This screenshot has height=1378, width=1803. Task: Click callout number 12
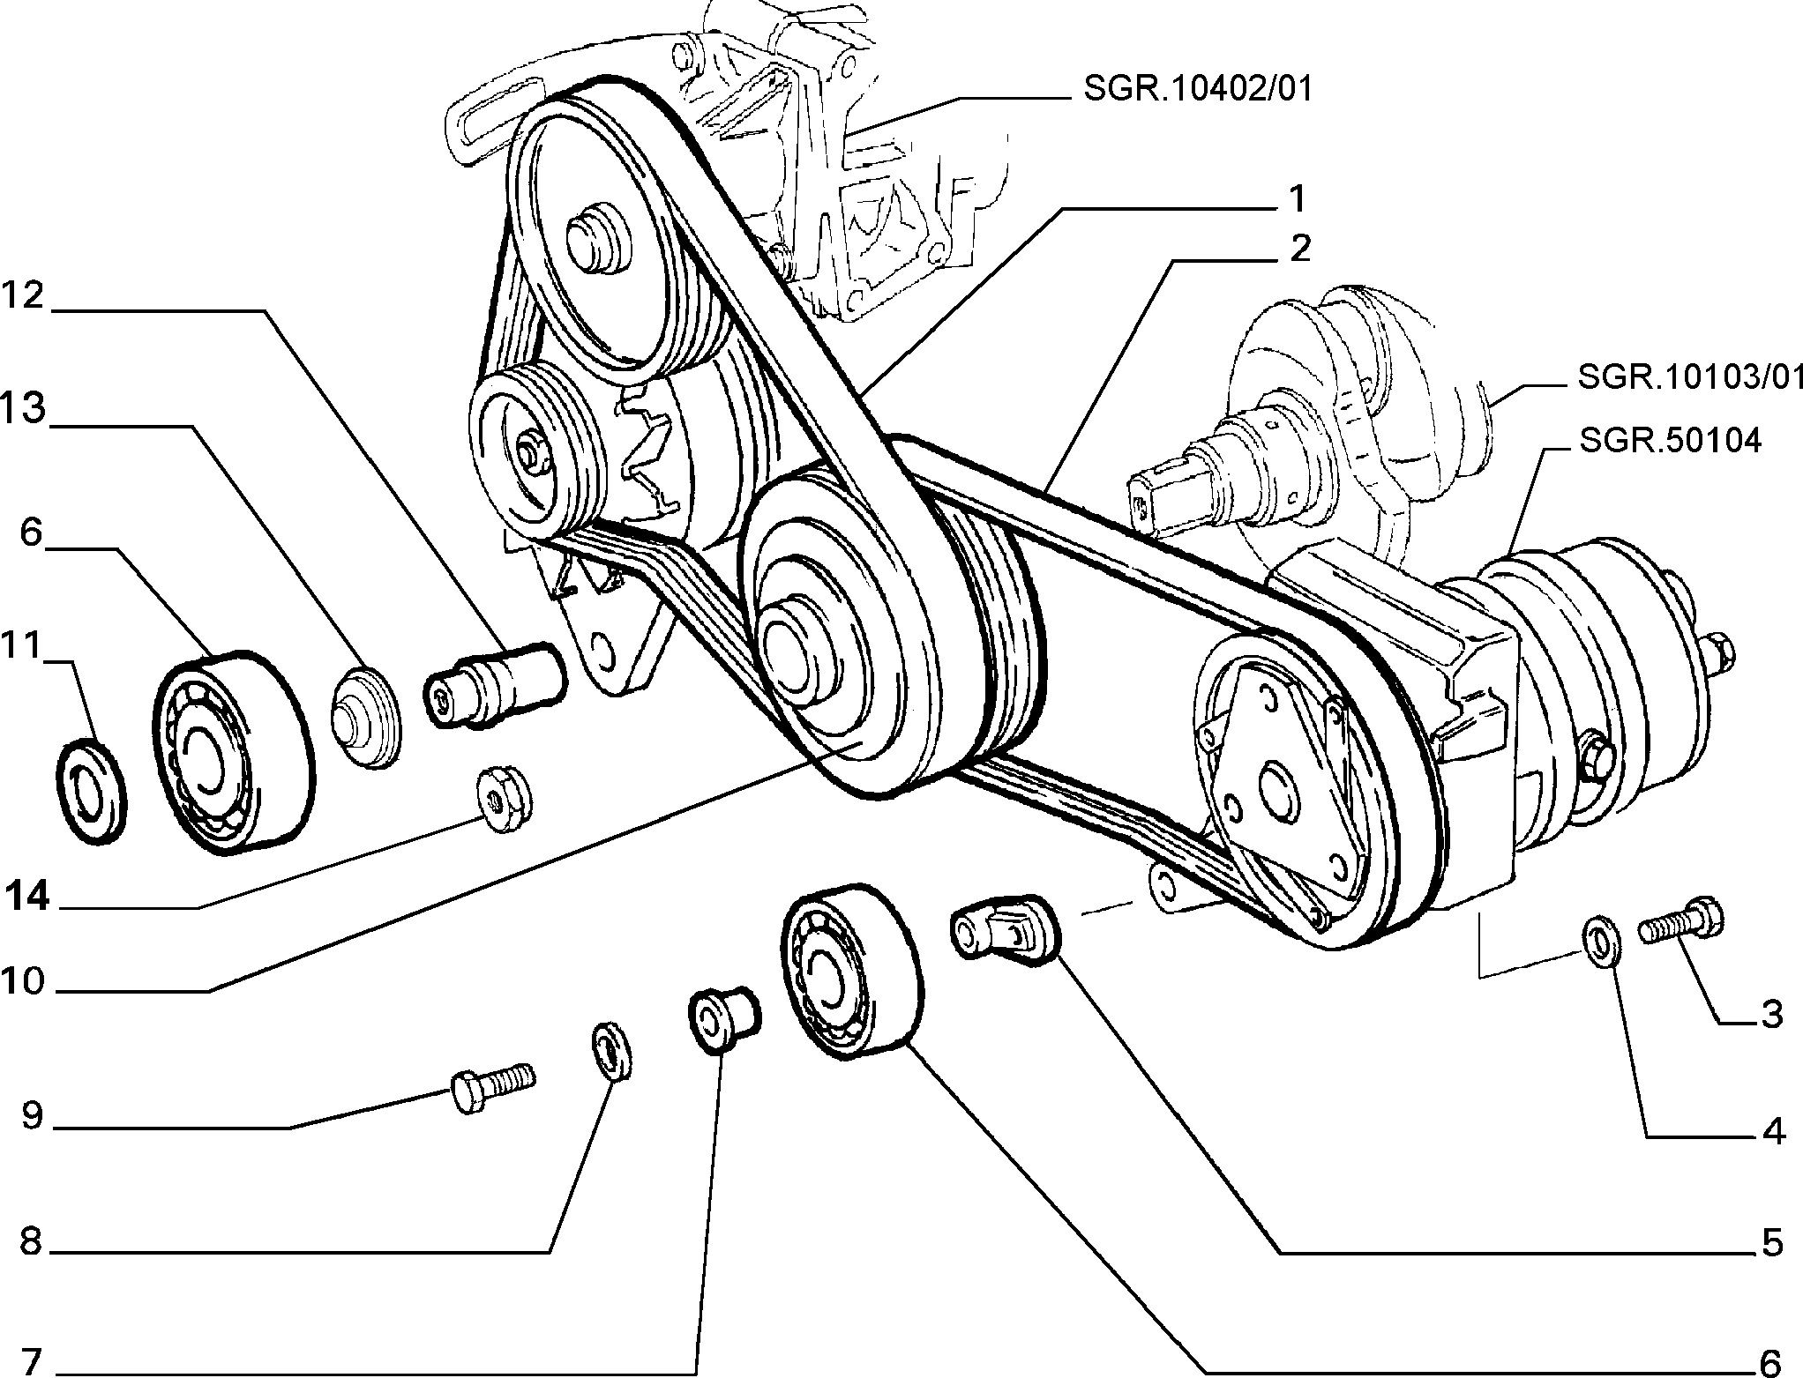(x=22, y=296)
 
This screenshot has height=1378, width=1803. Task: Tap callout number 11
(x=21, y=646)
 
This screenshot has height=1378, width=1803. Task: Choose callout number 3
(x=1770, y=1014)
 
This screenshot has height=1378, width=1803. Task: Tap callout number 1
(x=1296, y=198)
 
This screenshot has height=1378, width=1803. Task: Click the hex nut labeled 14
(x=503, y=795)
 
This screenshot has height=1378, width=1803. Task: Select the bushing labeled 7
(x=723, y=1019)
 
